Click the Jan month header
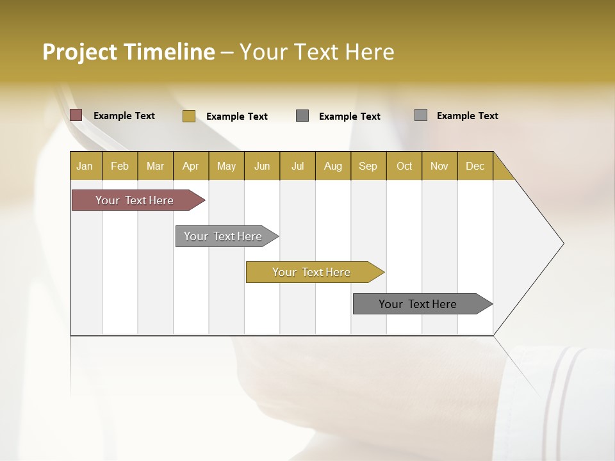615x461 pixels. click(x=85, y=166)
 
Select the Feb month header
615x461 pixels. click(x=120, y=166)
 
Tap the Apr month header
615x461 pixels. click(x=190, y=166)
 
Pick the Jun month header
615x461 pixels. click(x=262, y=166)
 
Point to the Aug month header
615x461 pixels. click(x=332, y=166)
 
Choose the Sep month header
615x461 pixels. click(x=368, y=166)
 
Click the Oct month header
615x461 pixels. click(x=404, y=166)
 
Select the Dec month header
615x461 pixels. click(x=475, y=166)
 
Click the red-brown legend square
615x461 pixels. click(x=76, y=115)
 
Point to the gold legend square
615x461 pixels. click(x=189, y=116)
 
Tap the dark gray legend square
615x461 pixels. click(x=302, y=115)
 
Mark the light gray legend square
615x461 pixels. click(x=421, y=115)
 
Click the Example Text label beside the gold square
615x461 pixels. click(x=237, y=117)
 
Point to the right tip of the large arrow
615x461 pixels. click(x=562, y=243)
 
